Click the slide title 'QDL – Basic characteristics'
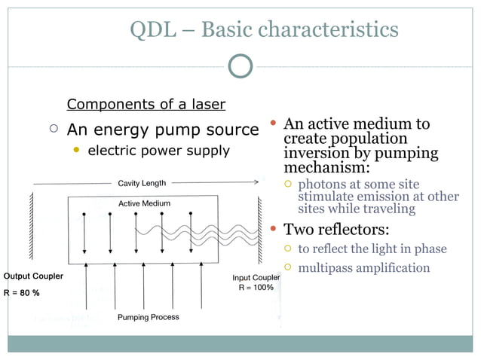click(x=264, y=29)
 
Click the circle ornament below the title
click(x=240, y=66)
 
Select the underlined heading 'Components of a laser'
click(x=146, y=104)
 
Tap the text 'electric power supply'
click(x=159, y=151)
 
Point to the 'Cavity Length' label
click(x=142, y=183)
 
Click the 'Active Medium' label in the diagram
click(x=144, y=203)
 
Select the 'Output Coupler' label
click(x=33, y=276)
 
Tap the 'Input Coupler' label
click(x=256, y=278)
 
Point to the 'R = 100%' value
click(x=256, y=288)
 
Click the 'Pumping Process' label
click(x=148, y=317)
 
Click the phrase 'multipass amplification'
click(x=363, y=268)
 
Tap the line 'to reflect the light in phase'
click(x=372, y=249)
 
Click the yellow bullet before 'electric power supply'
click(x=75, y=151)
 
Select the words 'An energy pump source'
click(x=163, y=130)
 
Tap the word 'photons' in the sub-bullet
click(x=321, y=185)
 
